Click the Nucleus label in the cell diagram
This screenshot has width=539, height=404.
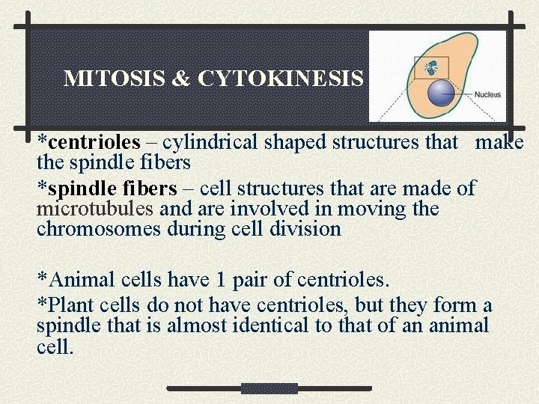point(487,95)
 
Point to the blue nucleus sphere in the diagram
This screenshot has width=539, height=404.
point(441,93)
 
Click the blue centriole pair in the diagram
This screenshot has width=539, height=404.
point(430,68)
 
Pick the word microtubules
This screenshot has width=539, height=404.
point(96,209)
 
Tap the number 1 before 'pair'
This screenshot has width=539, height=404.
point(220,281)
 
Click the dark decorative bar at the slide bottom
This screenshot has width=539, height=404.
point(269,388)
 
